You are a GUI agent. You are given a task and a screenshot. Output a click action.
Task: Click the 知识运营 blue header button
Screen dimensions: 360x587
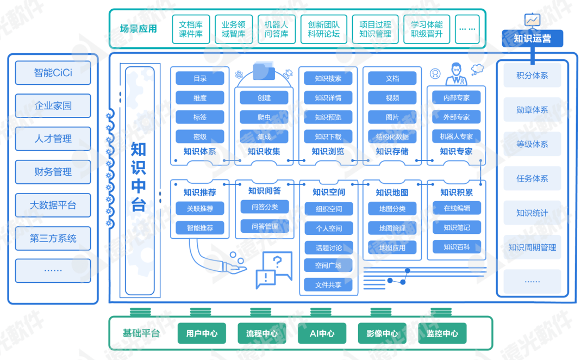pos(532,39)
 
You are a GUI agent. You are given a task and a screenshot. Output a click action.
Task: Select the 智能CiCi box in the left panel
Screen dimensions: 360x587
pos(53,73)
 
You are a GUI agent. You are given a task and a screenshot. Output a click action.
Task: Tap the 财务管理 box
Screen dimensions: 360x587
pos(53,172)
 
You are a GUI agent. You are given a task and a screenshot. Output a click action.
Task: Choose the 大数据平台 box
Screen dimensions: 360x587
pos(53,206)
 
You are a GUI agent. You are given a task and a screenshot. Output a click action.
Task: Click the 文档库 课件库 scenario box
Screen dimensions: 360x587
pos(191,29)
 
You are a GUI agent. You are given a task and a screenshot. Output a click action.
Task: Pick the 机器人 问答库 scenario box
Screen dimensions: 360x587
pos(276,29)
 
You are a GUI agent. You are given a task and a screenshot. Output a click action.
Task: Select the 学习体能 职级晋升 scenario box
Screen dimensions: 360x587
pos(426,29)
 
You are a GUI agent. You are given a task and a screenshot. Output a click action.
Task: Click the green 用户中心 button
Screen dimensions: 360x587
pos(202,333)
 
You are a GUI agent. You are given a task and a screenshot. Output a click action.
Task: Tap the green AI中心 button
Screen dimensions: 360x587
pos(322,333)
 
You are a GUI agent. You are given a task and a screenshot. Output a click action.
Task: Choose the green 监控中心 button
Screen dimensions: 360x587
pos(442,333)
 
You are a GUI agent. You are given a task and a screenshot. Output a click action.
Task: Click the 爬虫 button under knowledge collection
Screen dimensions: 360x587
pos(264,117)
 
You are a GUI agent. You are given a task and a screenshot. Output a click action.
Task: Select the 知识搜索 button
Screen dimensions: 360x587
pos(328,78)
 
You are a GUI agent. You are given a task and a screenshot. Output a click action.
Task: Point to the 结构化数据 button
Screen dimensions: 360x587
pos(392,136)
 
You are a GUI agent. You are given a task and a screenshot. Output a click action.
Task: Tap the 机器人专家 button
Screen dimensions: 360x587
pos(456,136)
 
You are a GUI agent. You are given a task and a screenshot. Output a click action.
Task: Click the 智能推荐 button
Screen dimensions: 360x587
pos(200,228)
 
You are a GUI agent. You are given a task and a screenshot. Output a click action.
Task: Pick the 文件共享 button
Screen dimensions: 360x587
pos(328,284)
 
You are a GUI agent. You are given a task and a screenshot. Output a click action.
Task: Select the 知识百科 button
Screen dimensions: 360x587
pos(456,247)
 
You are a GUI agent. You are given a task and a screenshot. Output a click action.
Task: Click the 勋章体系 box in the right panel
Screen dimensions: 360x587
pos(532,110)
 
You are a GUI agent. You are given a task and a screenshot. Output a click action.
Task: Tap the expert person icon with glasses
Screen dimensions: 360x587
pos(455,74)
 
